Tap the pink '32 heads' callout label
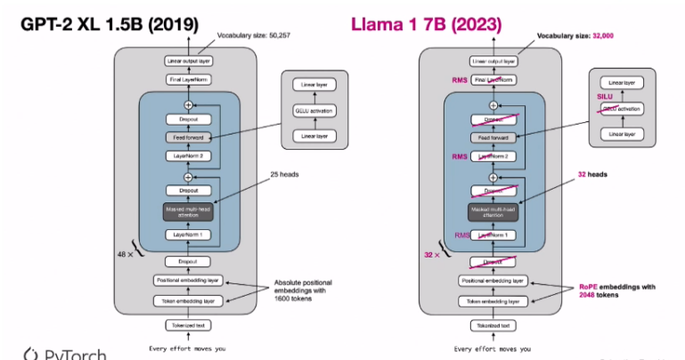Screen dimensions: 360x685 [596, 176]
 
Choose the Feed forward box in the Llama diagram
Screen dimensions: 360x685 [493, 138]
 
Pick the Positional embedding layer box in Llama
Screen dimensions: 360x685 [493, 281]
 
